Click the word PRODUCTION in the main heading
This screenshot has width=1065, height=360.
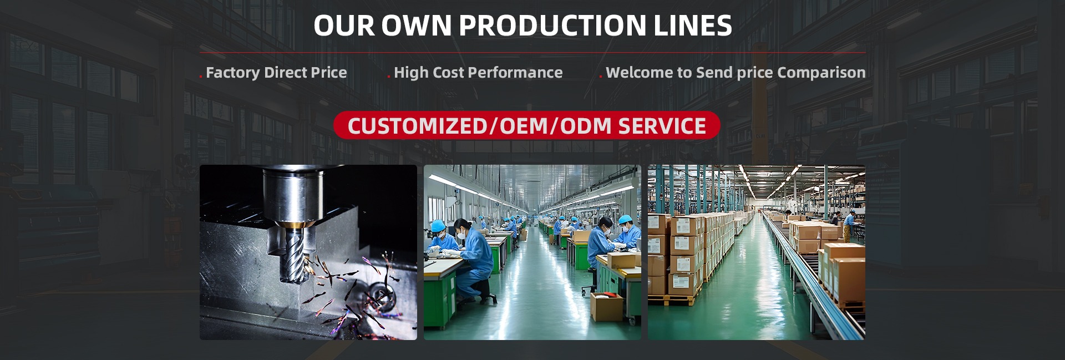point(552,26)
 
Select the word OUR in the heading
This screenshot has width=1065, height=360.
point(344,26)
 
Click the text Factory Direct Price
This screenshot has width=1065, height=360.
point(276,73)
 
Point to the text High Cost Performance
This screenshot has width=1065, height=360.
point(478,73)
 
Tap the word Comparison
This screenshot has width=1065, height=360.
point(821,73)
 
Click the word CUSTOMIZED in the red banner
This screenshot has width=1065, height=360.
point(417,126)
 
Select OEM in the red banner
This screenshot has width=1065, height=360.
point(524,126)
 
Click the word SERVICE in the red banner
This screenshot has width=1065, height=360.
point(662,126)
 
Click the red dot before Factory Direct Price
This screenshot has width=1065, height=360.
point(201,77)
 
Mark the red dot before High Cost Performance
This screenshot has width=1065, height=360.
point(389,77)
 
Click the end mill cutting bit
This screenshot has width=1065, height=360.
point(295,256)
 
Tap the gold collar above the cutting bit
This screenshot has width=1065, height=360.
point(295,225)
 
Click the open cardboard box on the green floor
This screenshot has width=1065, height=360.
point(607,306)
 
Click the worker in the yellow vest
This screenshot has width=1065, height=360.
point(848,225)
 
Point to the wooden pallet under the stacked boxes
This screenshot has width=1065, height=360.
point(672,300)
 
